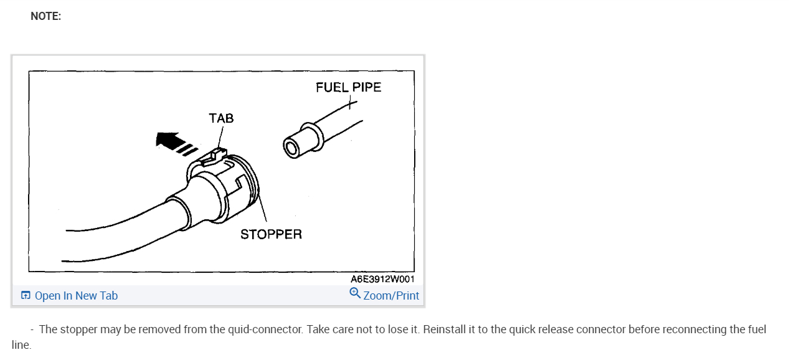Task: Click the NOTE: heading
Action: point(45,17)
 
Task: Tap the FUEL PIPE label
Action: point(348,87)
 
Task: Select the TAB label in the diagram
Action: point(221,118)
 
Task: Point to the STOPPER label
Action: point(271,234)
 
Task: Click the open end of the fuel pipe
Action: point(291,148)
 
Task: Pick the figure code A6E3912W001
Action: point(382,279)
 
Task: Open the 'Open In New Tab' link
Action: point(76,296)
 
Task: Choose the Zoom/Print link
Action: point(391,296)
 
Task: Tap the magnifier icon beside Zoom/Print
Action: point(355,293)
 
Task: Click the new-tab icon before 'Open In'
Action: point(26,296)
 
